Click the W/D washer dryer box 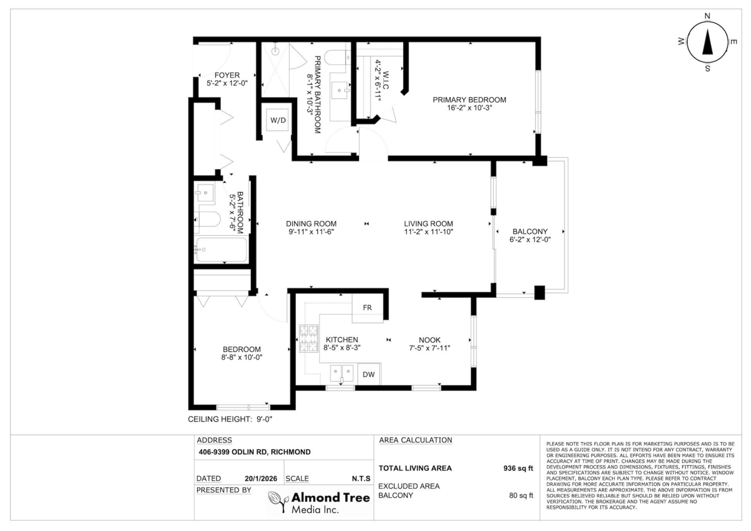(278, 120)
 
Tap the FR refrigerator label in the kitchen (367, 308)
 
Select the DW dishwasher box (369, 374)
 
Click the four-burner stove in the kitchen (309, 338)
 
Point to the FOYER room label (227, 75)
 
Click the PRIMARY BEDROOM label (469, 100)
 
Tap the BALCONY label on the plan (530, 231)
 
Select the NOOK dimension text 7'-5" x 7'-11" (429, 348)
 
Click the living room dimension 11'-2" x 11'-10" (429, 232)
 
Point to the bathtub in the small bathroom (222, 250)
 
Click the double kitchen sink (342, 373)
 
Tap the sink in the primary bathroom (340, 91)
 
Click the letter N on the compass (707, 16)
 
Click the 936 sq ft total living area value (518, 468)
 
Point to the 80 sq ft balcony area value (521, 495)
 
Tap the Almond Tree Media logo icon (278, 502)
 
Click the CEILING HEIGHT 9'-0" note (230, 419)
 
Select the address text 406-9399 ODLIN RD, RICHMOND (255, 452)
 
